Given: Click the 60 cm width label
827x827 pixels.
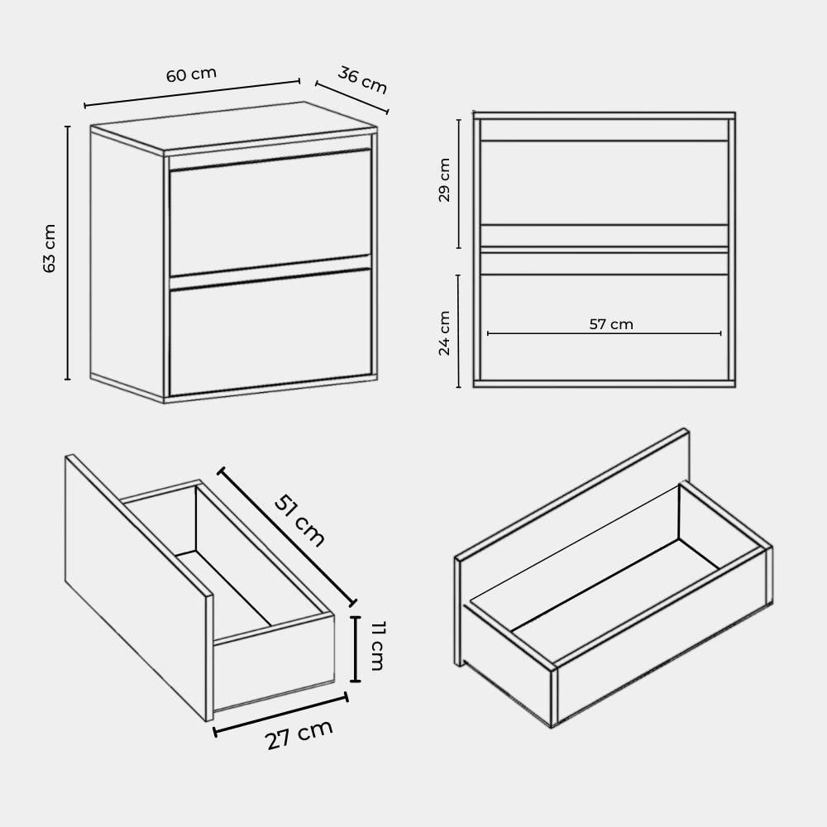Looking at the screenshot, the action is pos(192,74).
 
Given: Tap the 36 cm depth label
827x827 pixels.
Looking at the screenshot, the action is pos(362,79).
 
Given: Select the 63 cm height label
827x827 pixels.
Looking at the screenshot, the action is pos(49,248).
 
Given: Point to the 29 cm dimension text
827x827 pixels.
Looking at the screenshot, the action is pos(444,179).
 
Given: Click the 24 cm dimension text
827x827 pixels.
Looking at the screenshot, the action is pos(444,333).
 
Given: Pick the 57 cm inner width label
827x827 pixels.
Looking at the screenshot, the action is pos(611,324).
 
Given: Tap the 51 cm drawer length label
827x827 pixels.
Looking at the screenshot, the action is pos(299,521).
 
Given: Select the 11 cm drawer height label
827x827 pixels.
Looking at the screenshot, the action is pos(378,646).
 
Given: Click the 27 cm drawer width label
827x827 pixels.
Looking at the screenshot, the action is pos(300,734).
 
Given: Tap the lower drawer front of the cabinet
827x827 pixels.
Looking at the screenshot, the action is pos(270,332).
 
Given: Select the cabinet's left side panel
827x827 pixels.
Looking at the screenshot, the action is pos(127,261).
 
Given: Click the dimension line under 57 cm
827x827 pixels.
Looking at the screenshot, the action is pos(604,333).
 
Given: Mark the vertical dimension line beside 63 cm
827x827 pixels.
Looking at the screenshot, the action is pos(68,252).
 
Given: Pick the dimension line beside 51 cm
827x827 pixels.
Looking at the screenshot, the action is pos(287,537).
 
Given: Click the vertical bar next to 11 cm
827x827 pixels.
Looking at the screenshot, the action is pos(356,649).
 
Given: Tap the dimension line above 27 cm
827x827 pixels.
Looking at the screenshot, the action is pos(280,715).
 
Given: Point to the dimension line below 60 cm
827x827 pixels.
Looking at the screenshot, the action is pos(192,94).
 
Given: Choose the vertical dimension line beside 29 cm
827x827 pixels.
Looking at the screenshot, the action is pos(459,184).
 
